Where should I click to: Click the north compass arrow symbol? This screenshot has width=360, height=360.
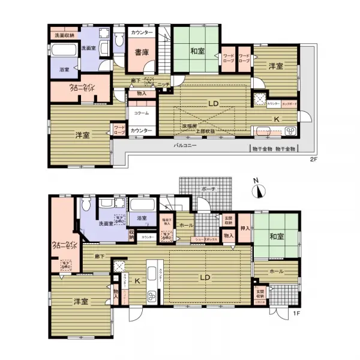[259, 190]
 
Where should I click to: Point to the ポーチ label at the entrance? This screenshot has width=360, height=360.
[208, 188]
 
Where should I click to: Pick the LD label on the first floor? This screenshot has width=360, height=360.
[204, 277]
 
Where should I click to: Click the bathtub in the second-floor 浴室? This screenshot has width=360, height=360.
[63, 52]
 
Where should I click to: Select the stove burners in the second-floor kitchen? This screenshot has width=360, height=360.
[288, 131]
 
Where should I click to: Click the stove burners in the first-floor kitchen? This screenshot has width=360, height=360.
[152, 295]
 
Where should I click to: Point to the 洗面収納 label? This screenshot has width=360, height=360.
[62, 35]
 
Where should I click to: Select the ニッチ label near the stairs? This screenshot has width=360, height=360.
[162, 84]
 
